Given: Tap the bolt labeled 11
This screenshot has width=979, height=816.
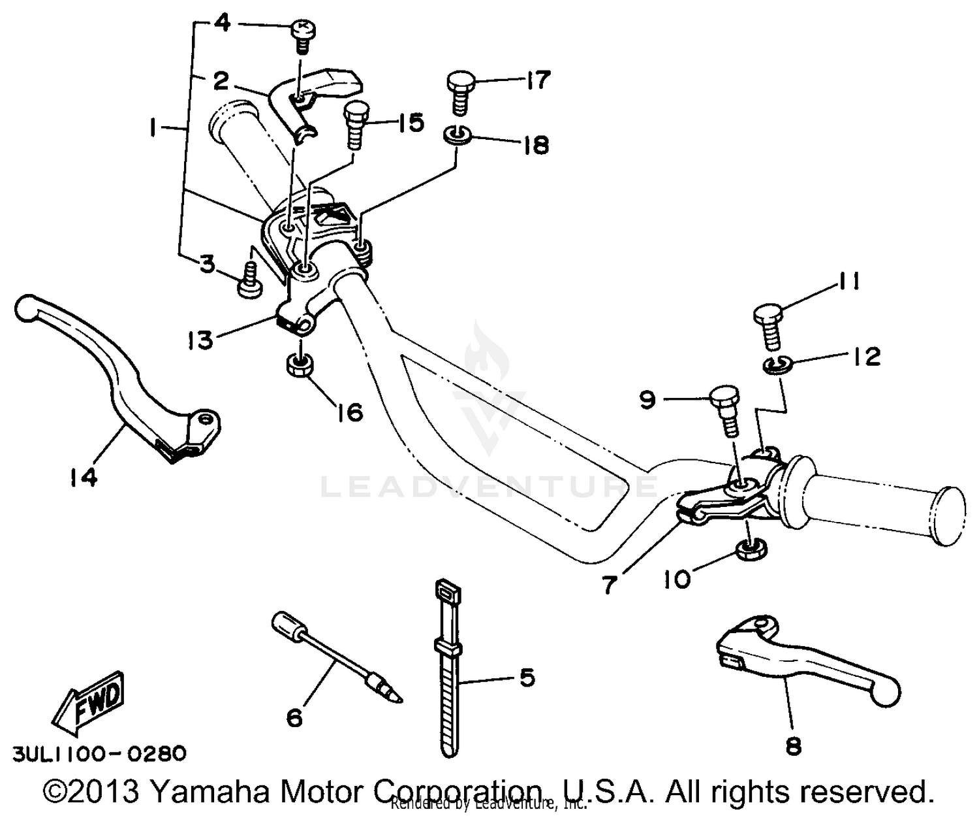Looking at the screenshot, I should tap(771, 324).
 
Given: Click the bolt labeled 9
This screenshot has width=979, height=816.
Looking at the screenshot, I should tap(726, 410).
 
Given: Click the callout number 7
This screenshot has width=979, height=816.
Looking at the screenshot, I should tap(608, 585).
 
